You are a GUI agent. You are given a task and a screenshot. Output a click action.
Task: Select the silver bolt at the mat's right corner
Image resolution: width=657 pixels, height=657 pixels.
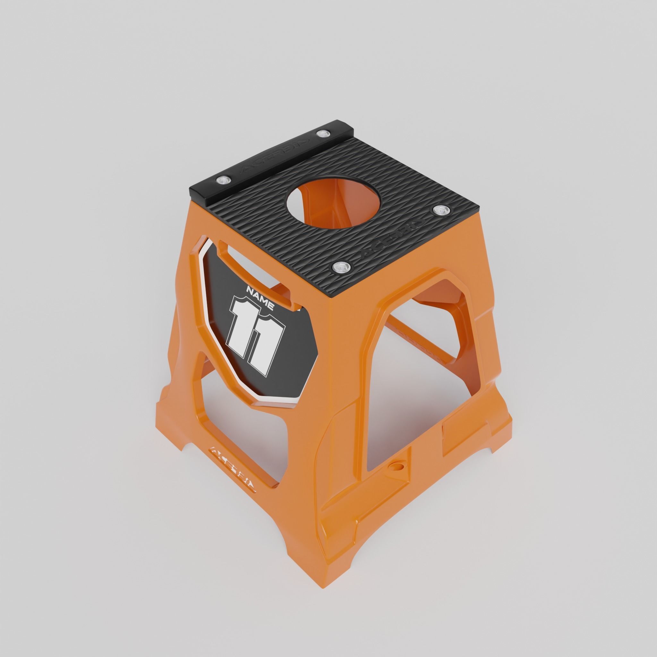click(x=441, y=210)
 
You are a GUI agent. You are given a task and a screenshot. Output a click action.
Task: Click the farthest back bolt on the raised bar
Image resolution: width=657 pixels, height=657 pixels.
click(x=321, y=133)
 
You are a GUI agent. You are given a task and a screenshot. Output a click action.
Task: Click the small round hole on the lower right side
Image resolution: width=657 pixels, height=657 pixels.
click(x=396, y=465)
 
